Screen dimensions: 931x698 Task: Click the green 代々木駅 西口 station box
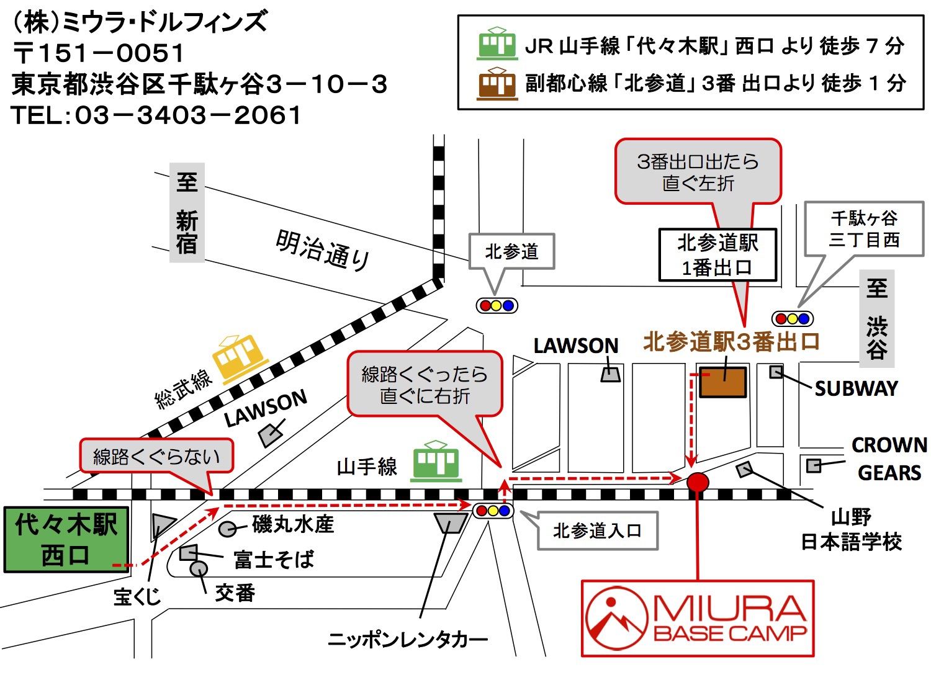[x=66, y=540]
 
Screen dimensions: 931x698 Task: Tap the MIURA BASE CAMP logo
[x=697, y=619]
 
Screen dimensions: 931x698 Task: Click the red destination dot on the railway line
[x=697, y=482]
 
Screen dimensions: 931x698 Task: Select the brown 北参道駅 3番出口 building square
[x=722, y=382]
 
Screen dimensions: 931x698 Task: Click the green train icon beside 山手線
[x=436, y=461]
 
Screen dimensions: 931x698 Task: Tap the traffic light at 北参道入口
[x=493, y=511]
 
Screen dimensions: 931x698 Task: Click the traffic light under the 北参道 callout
[x=497, y=305]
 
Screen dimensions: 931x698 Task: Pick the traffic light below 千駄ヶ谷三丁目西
[x=793, y=319]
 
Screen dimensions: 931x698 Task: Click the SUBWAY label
[x=857, y=388]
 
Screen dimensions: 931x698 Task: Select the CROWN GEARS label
[x=889, y=459]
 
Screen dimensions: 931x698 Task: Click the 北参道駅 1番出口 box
[x=717, y=255]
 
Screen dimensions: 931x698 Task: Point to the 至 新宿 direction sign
[x=187, y=212]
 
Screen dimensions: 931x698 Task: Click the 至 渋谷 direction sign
[x=877, y=318]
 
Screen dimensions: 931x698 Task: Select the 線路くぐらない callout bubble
[x=156, y=457]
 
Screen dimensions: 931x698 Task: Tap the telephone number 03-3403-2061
[x=188, y=115]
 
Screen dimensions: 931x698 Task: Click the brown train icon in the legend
[x=497, y=84]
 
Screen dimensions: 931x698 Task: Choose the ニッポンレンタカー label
[x=408, y=640]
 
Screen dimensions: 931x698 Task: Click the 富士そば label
[x=274, y=559]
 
